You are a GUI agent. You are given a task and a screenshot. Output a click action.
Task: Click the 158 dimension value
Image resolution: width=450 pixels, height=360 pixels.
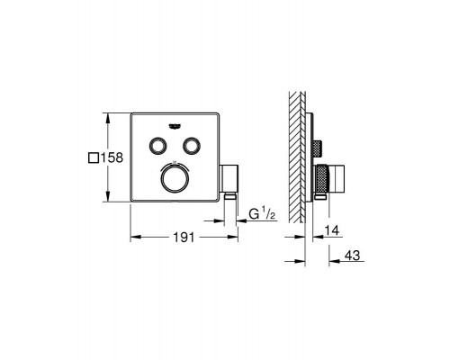click(112, 157)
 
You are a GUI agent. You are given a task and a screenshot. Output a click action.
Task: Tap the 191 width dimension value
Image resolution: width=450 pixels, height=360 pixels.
click(184, 238)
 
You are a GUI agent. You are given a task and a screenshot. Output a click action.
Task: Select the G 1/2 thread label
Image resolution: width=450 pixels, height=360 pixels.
click(262, 214)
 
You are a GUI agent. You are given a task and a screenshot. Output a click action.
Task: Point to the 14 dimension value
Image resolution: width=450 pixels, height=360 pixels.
click(332, 230)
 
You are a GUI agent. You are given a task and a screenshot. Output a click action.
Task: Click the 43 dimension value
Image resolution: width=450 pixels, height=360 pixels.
click(352, 256)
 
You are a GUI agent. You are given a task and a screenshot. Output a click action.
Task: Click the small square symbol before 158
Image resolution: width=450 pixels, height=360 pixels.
click(94, 157)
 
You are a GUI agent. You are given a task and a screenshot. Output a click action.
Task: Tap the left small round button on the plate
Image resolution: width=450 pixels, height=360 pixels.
click(157, 146)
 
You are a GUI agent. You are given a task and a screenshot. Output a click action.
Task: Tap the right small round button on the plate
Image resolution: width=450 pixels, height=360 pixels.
click(191, 146)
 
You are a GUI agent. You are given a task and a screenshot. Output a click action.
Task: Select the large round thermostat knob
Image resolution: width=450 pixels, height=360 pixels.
click(175, 178)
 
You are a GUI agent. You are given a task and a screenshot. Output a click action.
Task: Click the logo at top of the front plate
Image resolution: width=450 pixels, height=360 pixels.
click(175, 126)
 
